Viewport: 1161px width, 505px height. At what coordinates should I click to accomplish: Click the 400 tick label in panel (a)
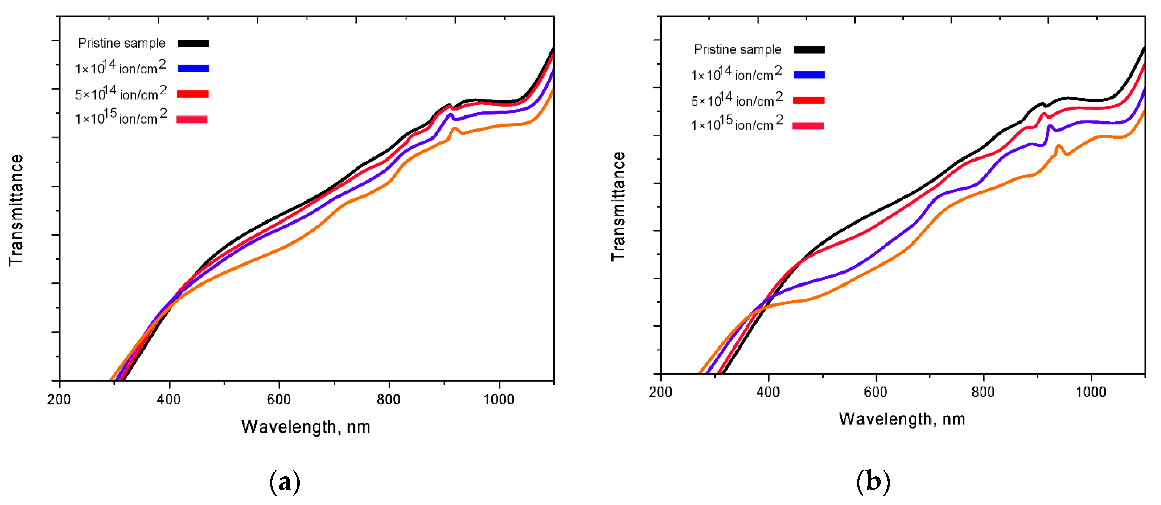169,399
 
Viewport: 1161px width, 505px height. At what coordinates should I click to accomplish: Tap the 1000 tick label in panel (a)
499,399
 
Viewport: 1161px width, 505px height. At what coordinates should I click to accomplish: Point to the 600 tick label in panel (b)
876,392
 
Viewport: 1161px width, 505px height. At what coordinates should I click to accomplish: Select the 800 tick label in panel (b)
983,392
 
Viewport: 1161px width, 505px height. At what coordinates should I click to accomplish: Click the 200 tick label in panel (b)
660,392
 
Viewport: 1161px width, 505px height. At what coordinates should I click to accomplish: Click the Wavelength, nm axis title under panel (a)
306,426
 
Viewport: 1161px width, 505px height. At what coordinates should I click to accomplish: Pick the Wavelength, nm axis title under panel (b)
902,419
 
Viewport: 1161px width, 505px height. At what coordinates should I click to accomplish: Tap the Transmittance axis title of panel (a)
16,210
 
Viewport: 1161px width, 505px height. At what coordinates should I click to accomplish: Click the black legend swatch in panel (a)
193,43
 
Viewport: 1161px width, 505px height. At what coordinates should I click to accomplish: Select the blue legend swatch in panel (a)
193,68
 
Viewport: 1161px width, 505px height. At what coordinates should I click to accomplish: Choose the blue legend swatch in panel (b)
809,75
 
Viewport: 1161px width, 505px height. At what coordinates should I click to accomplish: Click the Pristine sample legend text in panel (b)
737,49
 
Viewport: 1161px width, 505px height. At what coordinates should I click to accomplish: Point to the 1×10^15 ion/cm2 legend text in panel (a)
121,118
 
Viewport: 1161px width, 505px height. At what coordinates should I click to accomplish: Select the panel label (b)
873,482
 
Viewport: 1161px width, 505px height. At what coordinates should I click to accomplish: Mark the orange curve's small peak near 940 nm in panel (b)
1058,145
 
